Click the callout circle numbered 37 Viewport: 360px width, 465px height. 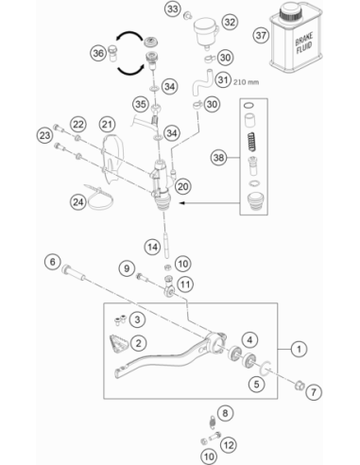pyautogui.click(x=261, y=35)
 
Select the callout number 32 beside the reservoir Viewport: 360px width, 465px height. pyautogui.click(x=230, y=22)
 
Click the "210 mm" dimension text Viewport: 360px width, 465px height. pyautogui.click(x=246, y=82)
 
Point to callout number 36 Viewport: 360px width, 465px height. pyautogui.click(x=98, y=53)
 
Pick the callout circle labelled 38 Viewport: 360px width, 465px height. pyautogui.click(x=218, y=157)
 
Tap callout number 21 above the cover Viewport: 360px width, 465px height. pyautogui.click(x=107, y=125)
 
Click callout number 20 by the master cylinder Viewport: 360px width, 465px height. pyautogui.click(x=182, y=186)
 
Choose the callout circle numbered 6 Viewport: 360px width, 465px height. pyautogui.click(x=53, y=262)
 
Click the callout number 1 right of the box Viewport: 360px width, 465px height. pyautogui.click(x=299, y=349)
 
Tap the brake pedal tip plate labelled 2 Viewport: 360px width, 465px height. pyautogui.click(x=118, y=344)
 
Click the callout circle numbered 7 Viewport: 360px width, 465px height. pyautogui.click(x=314, y=392)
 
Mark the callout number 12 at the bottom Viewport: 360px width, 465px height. pyautogui.click(x=229, y=445)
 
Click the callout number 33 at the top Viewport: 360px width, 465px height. pyautogui.click(x=172, y=9)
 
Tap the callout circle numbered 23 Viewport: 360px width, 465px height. pyautogui.click(x=44, y=135)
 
